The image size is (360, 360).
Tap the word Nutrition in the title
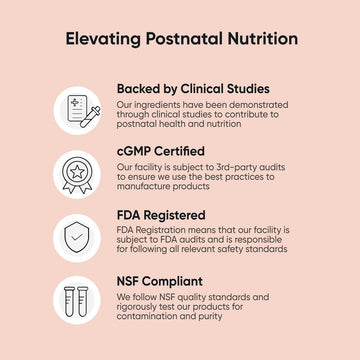pyautogui.click(x=255, y=40)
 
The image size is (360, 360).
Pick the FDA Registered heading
pyautogui.click(x=161, y=215)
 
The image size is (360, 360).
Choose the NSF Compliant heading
pyautogui.click(x=159, y=282)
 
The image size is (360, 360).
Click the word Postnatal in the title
pyautogui.click(x=179, y=40)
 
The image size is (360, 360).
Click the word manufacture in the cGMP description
pyautogui.click(x=146, y=188)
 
